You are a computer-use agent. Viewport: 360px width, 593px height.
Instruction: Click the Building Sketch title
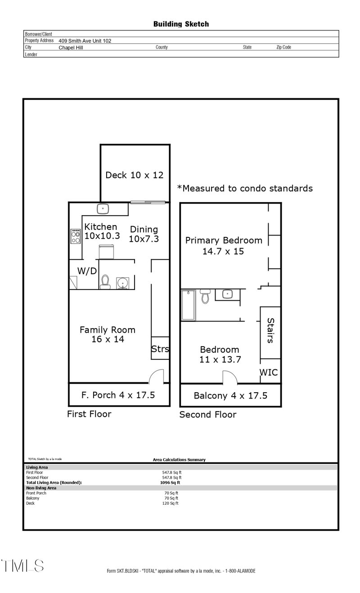click(181, 24)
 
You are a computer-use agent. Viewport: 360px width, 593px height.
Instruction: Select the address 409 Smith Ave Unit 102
click(85, 41)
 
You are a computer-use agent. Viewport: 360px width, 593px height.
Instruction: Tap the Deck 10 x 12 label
click(134, 175)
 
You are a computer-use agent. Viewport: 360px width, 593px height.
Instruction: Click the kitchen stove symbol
click(75, 236)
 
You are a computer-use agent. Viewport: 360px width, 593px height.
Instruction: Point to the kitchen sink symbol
click(103, 208)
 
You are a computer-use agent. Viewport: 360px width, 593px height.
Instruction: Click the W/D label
click(87, 271)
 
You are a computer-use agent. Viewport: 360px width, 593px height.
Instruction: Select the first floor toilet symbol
click(105, 282)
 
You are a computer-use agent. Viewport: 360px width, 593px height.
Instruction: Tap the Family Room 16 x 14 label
click(107, 335)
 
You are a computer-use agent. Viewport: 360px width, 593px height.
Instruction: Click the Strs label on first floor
click(160, 349)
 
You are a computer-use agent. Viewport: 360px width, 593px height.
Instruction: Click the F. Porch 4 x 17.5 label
click(118, 395)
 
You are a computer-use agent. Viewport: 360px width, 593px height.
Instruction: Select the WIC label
click(268, 372)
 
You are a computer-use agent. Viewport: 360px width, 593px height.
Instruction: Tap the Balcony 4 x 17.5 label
click(230, 396)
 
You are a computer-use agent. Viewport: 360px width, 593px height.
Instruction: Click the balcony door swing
click(229, 377)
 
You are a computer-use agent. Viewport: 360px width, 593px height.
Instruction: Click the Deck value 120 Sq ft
click(171, 503)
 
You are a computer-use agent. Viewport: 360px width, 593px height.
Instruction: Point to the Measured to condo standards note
click(245, 188)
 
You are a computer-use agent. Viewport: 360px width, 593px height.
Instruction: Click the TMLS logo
click(22, 566)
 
